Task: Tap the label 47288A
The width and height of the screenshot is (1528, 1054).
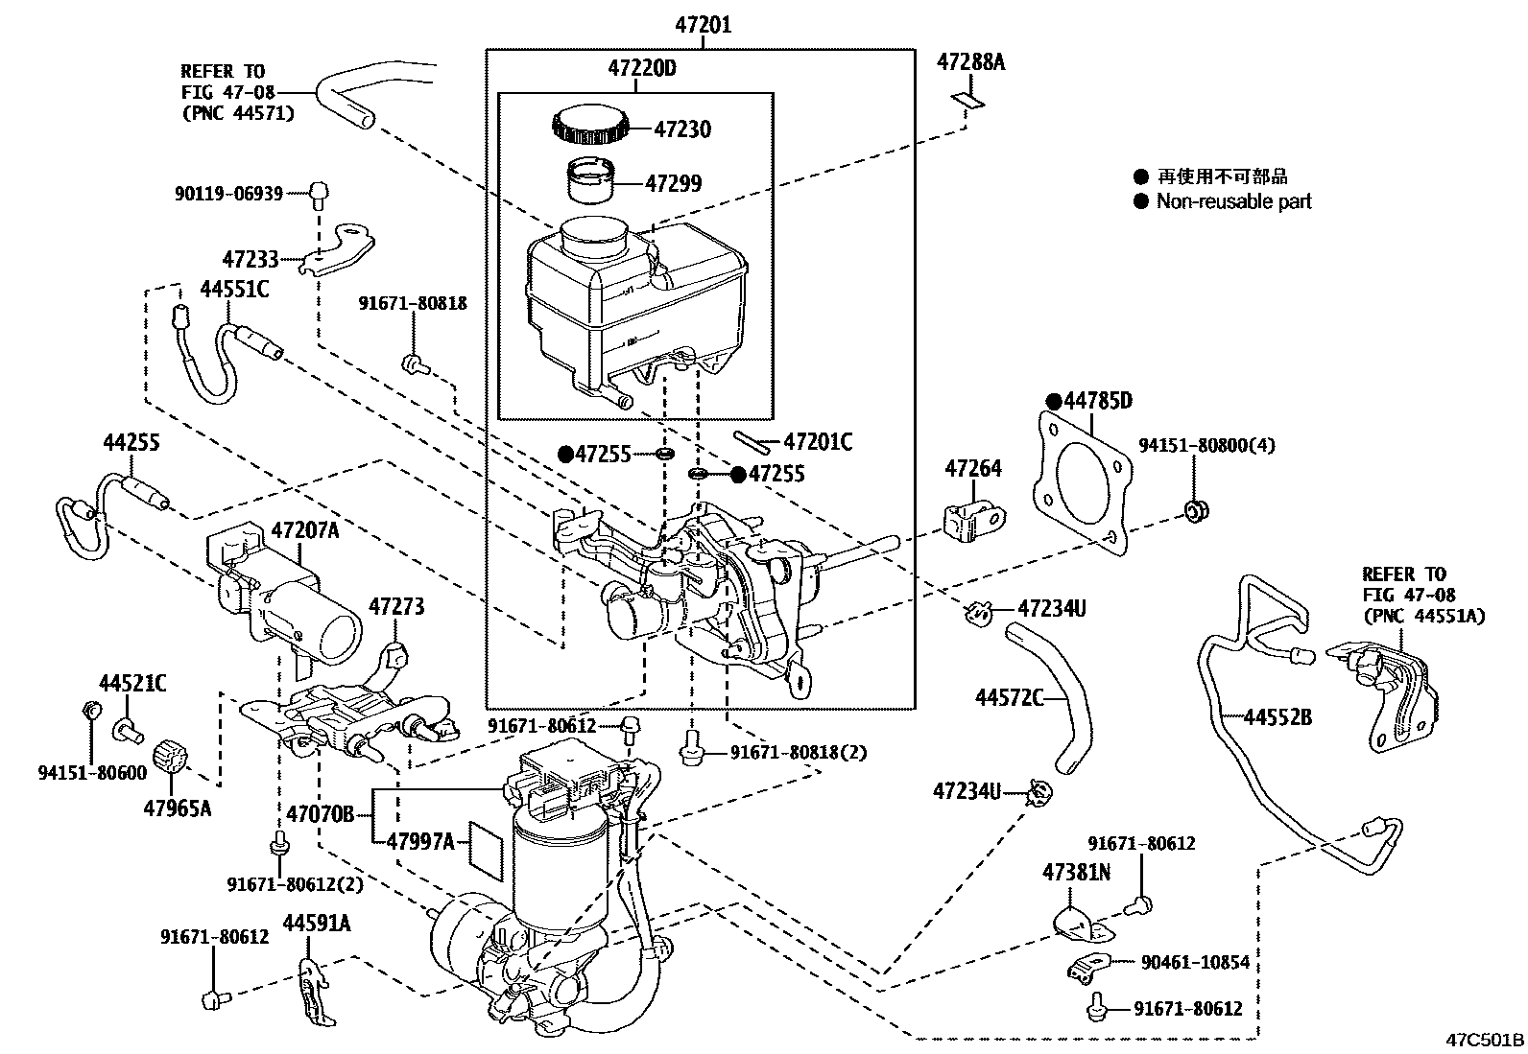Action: click(x=970, y=63)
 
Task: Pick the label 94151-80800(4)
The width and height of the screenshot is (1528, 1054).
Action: click(x=1207, y=446)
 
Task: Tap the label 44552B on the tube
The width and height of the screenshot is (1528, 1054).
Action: click(x=1277, y=716)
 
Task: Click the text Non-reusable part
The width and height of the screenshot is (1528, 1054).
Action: click(x=1233, y=201)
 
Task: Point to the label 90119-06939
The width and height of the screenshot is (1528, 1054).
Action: click(x=228, y=194)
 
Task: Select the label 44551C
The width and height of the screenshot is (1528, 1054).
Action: click(x=234, y=289)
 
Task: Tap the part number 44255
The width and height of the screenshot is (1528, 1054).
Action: click(x=131, y=442)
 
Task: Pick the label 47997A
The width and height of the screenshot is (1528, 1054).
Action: click(x=420, y=841)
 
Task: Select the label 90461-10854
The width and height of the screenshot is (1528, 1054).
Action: click(x=1194, y=962)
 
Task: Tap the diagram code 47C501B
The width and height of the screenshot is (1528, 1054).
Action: click(x=1486, y=1040)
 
